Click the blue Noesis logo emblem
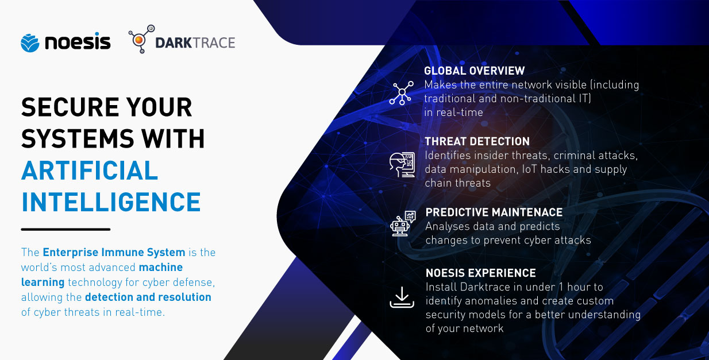tap(30, 42)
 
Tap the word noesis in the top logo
tap(78, 41)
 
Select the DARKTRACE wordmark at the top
tap(195, 43)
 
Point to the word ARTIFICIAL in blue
tap(90, 171)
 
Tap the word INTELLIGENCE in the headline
tap(111, 202)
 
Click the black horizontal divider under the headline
tap(65, 229)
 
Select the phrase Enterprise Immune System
tap(114, 253)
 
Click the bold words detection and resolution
tap(148, 297)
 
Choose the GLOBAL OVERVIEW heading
tap(475, 71)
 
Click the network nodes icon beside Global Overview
tap(402, 92)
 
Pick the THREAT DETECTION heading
tap(477, 141)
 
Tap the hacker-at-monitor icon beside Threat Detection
tap(402, 165)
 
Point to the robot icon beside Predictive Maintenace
tap(403, 223)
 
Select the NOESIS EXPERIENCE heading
tap(480, 273)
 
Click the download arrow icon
tap(402, 297)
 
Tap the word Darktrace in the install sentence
tap(485, 287)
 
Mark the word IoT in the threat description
tap(530, 169)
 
